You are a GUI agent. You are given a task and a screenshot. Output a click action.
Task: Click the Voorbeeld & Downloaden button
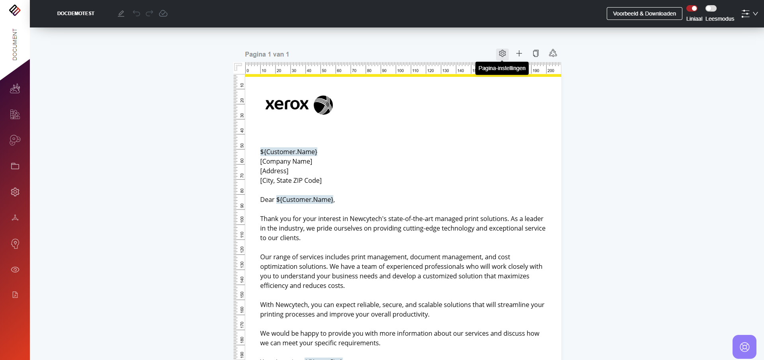point(644,14)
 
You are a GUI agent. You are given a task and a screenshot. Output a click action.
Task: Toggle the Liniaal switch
point(692,8)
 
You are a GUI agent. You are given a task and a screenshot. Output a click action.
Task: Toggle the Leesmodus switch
point(711,8)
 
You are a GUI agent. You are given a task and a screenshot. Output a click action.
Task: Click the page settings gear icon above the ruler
point(502,53)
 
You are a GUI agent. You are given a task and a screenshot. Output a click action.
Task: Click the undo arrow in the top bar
point(137,14)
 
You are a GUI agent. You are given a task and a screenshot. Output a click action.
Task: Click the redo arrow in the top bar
point(149,14)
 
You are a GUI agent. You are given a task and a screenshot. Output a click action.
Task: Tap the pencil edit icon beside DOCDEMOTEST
point(121,14)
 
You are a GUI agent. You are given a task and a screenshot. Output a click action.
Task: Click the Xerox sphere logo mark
point(323,105)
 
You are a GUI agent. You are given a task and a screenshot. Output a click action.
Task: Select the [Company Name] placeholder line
point(286,161)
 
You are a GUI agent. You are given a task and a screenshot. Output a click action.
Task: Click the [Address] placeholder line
point(274,171)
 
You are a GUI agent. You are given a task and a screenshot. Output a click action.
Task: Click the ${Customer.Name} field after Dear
point(305,200)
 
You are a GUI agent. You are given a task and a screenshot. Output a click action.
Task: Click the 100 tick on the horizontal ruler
point(400,70)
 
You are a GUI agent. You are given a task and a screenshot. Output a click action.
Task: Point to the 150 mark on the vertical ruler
point(242,295)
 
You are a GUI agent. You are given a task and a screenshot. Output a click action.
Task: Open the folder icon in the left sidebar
point(15,166)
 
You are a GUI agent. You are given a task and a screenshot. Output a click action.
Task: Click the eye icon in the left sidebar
point(15,270)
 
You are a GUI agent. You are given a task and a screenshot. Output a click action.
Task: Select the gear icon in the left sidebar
point(15,192)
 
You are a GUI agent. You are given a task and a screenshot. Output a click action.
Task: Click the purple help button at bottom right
point(744,347)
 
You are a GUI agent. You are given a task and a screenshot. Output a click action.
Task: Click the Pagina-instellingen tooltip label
point(502,68)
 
